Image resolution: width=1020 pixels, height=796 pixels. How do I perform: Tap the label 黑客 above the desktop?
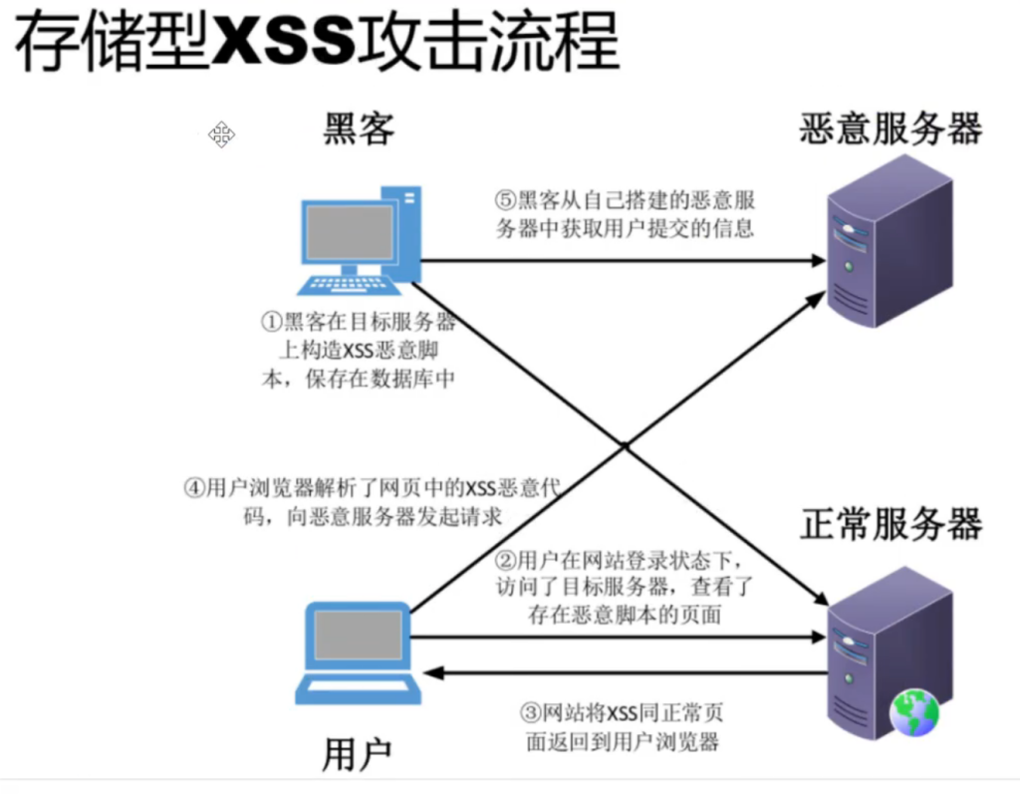click(x=360, y=130)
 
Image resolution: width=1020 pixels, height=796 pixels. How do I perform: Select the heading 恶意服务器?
click(x=891, y=130)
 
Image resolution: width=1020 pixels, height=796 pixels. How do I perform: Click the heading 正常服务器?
click(x=891, y=525)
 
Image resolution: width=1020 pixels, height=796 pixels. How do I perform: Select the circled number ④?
click(x=193, y=489)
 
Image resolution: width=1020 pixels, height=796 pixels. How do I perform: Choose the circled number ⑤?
click(x=507, y=200)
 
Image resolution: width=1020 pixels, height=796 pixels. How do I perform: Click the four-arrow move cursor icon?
click(x=221, y=134)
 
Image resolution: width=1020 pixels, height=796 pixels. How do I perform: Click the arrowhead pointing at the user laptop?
click(x=430, y=674)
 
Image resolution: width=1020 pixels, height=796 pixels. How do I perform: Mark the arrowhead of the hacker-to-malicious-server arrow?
click(x=819, y=261)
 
